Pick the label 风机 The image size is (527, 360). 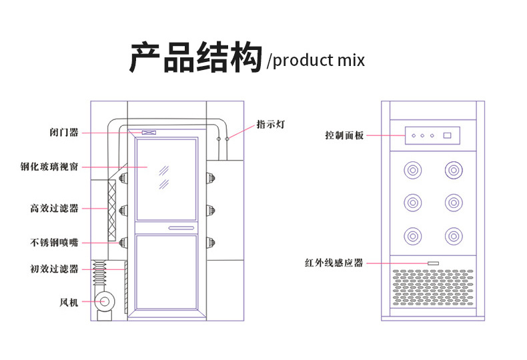[69, 303]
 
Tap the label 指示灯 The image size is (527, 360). [271, 125]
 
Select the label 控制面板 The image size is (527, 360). [344, 136]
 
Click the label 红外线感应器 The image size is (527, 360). [334, 263]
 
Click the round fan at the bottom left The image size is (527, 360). [105, 302]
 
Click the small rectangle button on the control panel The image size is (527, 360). [448, 136]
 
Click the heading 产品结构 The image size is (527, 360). [195, 58]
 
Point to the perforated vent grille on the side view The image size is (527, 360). [433, 286]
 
